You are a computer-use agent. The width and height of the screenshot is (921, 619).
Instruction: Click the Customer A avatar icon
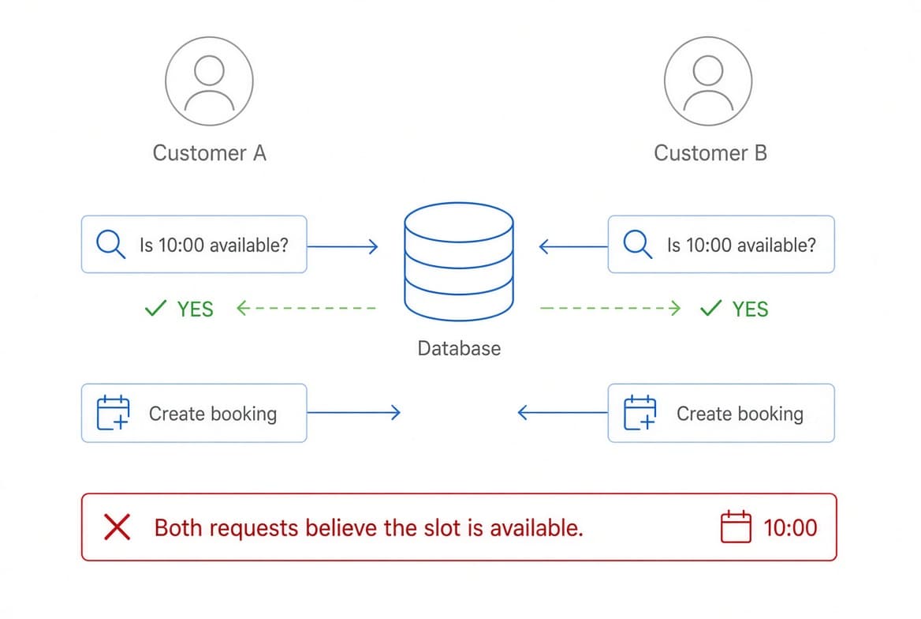tap(209, 81)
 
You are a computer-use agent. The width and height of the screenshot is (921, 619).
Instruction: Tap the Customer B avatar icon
tap(708, 81)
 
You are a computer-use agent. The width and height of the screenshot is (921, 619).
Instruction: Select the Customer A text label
tap(210, 153)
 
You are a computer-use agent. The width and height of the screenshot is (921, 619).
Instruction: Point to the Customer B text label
tap(710, 153)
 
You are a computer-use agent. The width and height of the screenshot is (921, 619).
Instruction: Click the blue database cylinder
tap(459, 262)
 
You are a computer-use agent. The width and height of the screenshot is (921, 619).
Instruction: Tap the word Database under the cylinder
tap(459, 348)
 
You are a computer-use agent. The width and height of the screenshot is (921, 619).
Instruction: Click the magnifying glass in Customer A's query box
tap(110, 244)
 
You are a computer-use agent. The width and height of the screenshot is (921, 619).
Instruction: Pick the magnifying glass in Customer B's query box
tap(637, 244)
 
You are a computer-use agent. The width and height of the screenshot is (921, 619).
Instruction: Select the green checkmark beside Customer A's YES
tap(155, 308)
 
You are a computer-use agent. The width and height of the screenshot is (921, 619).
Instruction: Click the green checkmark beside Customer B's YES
tap(710, 308)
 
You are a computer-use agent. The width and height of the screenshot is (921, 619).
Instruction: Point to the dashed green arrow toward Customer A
tap(305, 308)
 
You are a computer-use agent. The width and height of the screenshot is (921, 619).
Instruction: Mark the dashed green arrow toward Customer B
tap(610, 308)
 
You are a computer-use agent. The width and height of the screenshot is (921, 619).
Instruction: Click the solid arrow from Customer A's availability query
tap(342, 246)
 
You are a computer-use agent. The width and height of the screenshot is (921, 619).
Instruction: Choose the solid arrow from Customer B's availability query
tap(573, 246)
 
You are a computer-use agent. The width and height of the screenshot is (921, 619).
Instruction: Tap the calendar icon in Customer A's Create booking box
tap(113, 412)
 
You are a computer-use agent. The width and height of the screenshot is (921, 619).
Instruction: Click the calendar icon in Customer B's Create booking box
tap(639, 412)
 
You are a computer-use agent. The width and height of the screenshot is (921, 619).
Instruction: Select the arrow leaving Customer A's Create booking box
tap(353, 412)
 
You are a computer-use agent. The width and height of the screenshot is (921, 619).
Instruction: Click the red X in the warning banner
tap(117, 527)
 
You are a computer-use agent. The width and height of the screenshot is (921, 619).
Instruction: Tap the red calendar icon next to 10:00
tap(736, 527)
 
